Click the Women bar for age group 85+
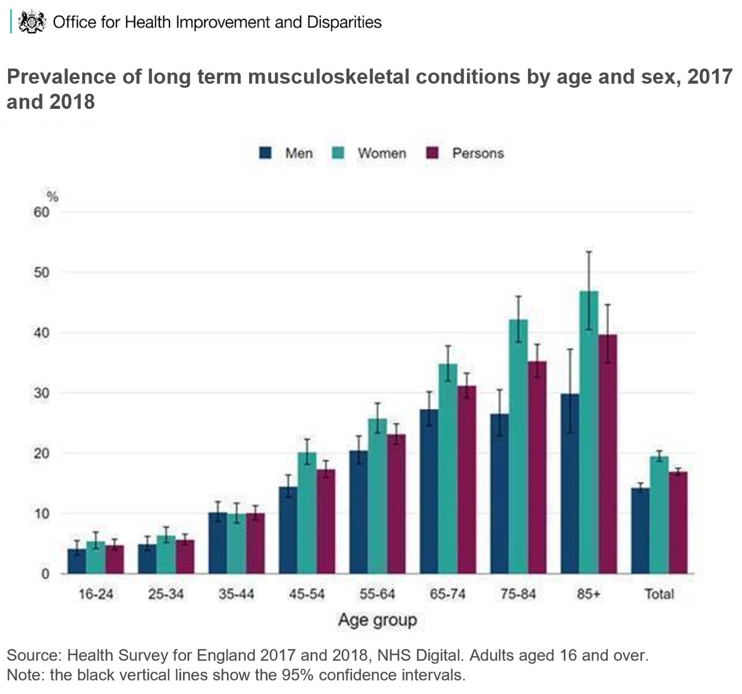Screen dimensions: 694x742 (x=589, y=433)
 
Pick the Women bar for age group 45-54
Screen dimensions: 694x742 (x=307, y=513)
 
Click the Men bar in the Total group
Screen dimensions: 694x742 (x=640, y=531)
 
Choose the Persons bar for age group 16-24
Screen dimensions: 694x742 (x=114, y=559)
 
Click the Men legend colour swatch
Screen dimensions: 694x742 (x=265, y=153)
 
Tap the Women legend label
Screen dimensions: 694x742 (x=382, y=153)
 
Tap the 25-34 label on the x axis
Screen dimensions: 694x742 (x=166, y=594)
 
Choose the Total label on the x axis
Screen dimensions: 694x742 (x=659, y=594)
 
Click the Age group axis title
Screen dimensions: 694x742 (x=377, y=620)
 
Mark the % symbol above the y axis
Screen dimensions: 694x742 (x=53, y=197)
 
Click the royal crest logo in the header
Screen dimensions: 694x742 (x=33, y=23)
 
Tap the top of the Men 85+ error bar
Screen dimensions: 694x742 (x=570, y=350)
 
